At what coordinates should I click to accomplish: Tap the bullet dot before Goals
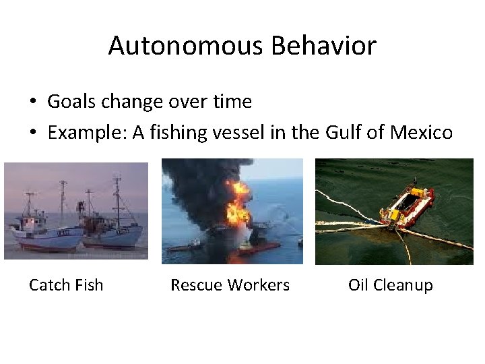(x=33, y=102)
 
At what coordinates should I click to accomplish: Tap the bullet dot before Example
(x=33, y=133)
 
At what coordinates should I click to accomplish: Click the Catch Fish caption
(x=66, y=285)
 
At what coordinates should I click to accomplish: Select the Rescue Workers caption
(x=230, y=285)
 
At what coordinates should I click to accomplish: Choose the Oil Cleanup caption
(x=390, y=285)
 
